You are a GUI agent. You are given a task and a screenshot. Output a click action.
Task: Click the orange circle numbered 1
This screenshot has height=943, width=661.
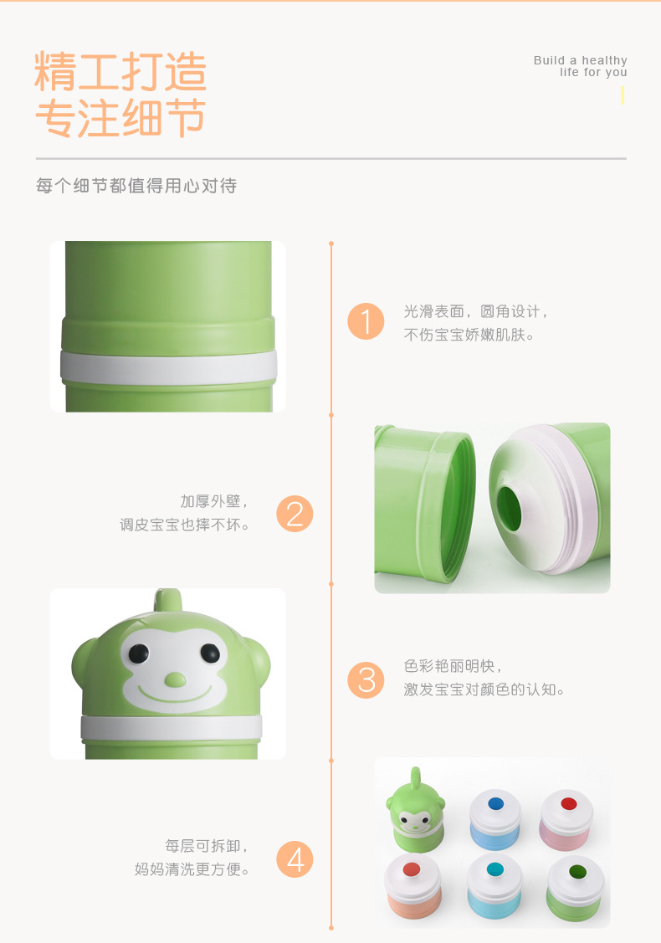366,322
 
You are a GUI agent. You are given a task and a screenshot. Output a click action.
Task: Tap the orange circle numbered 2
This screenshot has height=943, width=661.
295,514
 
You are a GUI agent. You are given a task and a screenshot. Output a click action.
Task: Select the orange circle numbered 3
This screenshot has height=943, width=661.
366,679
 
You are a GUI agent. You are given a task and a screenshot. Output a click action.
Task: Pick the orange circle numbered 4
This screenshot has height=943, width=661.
295,858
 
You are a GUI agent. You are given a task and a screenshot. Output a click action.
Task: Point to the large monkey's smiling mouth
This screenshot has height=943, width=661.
175,694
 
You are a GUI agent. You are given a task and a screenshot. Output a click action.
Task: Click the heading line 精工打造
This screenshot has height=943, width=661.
120,72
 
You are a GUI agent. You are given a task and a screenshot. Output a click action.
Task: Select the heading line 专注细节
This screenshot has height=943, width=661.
120,118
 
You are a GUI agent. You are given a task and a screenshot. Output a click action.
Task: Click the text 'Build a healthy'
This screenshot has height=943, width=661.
580,60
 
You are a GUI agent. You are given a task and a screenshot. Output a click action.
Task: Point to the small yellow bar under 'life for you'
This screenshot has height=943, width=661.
623,95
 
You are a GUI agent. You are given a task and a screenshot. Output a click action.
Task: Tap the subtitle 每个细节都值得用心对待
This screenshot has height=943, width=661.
136,186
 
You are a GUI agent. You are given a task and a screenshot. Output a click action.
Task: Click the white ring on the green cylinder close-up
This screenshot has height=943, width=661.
168,366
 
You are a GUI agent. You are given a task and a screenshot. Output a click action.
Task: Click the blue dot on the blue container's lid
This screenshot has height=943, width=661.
494,803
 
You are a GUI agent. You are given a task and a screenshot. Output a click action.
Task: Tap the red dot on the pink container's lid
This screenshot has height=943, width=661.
569,804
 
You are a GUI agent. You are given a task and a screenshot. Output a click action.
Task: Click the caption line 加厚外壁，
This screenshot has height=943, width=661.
215,501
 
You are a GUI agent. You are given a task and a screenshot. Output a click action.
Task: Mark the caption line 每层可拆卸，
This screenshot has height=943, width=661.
208,847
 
